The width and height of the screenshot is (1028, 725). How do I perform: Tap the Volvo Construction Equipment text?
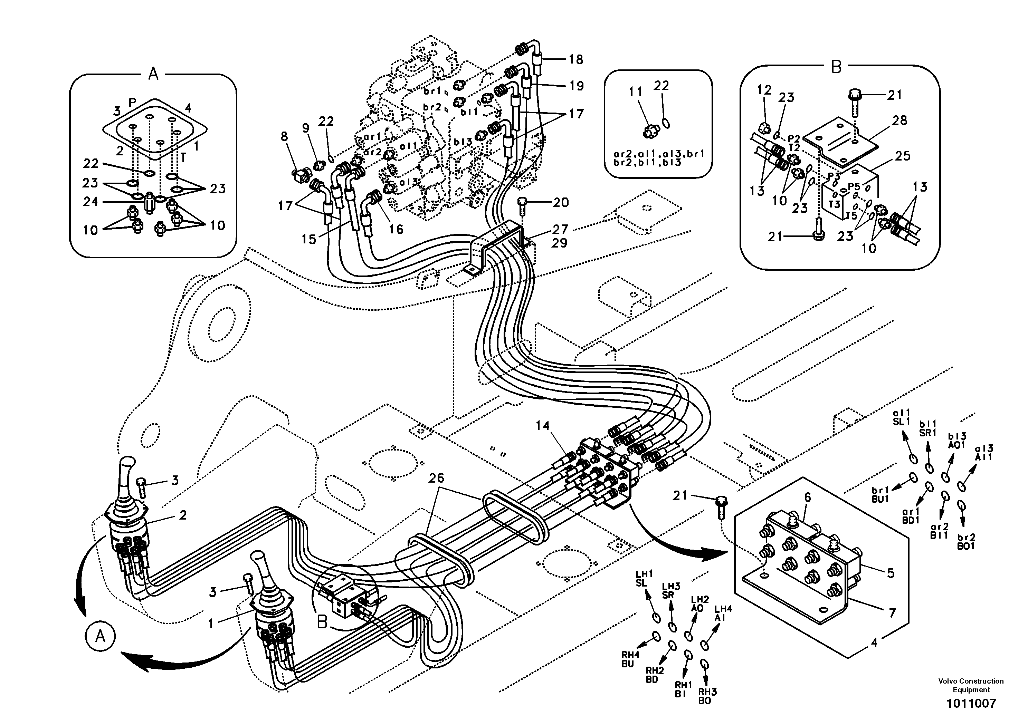pos(971,685)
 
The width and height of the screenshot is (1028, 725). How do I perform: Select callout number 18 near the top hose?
pos(576,59)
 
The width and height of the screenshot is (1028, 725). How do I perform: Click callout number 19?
pos(576,86)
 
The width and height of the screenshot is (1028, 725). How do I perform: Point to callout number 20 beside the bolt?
pos(560,203)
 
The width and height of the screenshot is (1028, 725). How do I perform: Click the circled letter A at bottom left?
pos(100,636)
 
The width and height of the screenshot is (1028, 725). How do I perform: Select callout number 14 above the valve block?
pos(543,426)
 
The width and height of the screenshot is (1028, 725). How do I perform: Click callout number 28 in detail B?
pos(899,120)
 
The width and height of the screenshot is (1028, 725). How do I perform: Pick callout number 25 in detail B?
pos(903,156)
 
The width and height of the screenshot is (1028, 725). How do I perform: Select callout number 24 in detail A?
pos(91,202)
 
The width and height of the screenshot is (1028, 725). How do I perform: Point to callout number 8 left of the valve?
pos(285,136)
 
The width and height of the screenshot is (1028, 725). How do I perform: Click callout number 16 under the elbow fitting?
pos(396,229)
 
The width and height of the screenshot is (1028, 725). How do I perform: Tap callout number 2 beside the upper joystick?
pos(182,515)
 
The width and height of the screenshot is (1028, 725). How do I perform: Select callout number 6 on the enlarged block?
pos(807,497)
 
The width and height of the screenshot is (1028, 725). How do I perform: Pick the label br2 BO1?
pos(966,542)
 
